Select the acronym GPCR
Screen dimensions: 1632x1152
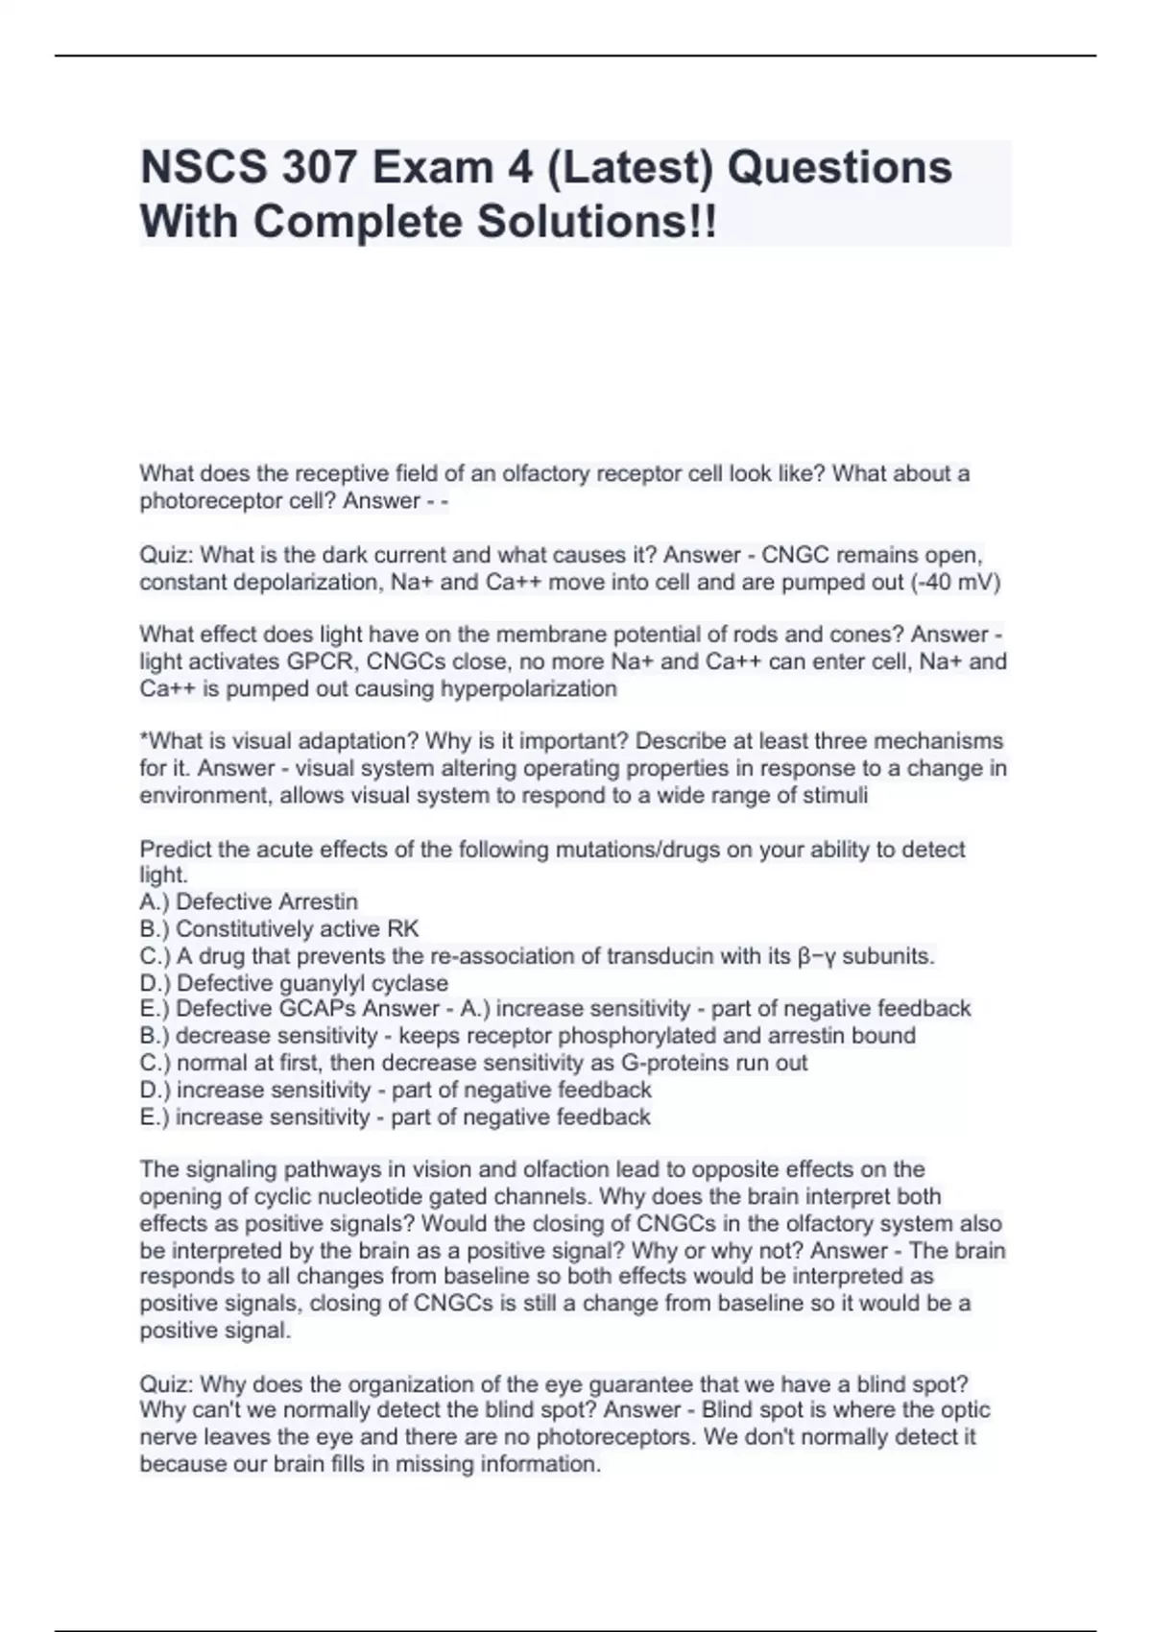click(319, 661)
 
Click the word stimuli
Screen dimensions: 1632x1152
click(836, 795)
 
